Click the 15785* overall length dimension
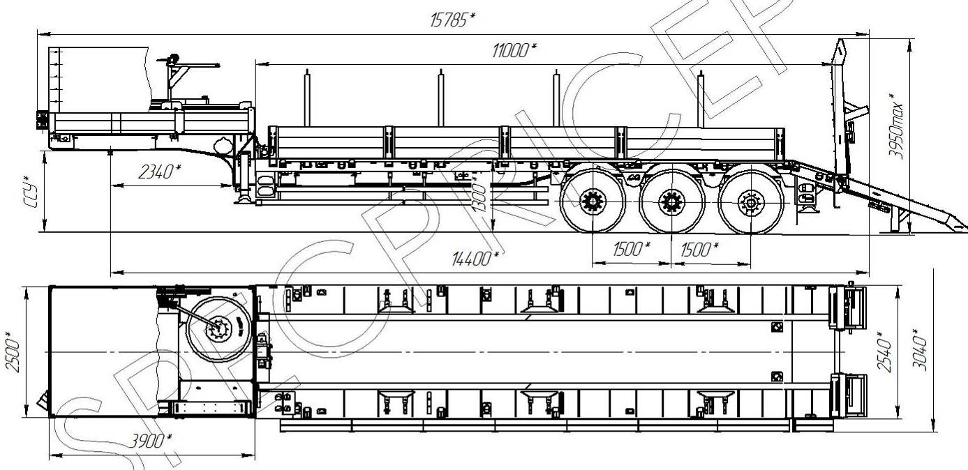coord(452,20)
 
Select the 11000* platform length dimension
coord(514,50)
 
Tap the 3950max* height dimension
coord(896,126)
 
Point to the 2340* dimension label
coord(159,172)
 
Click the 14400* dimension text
coord(475,259)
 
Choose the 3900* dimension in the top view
coord(151,441)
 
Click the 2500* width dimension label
coord(13,351)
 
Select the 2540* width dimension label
coord(884,351)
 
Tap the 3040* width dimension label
coord(919,349)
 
